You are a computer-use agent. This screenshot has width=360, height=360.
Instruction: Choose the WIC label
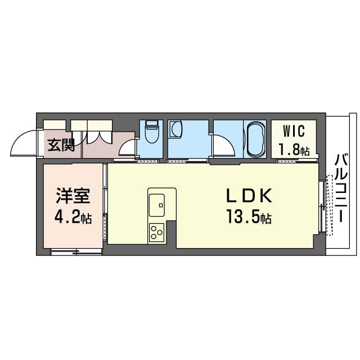294,133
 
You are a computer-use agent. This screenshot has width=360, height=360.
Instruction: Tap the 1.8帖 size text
294,150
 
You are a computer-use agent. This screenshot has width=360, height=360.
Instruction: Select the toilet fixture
150,134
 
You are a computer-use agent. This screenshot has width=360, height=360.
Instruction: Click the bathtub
255,139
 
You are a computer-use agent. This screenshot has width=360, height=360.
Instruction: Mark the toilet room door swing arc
129,147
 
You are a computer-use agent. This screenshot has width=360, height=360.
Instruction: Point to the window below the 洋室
76,252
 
